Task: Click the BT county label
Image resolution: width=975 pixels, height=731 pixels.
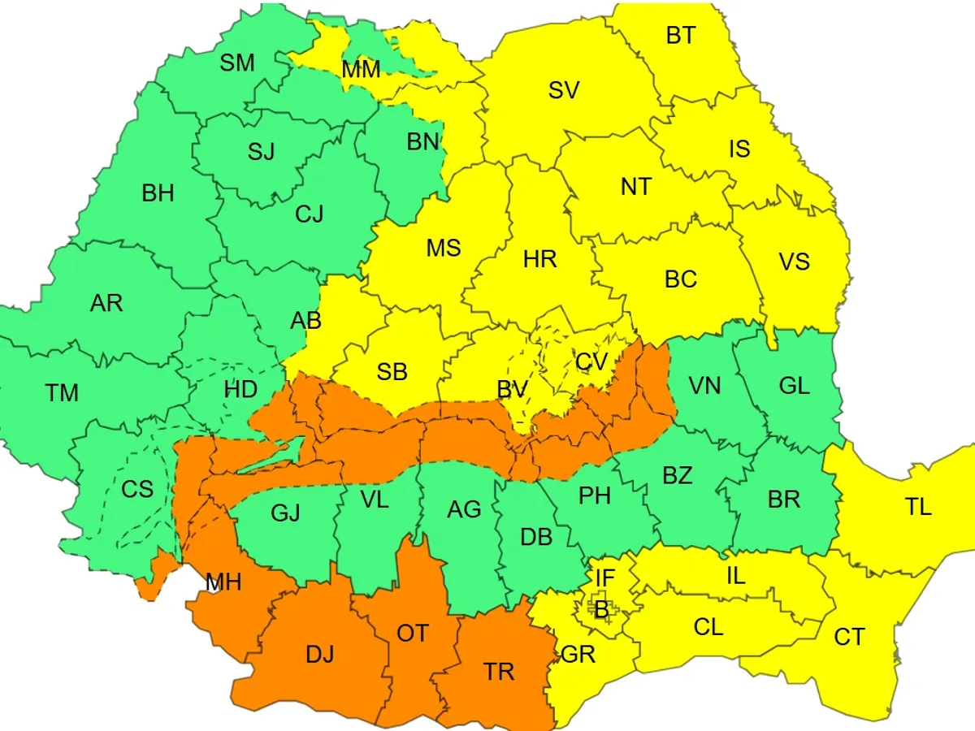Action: pyautogui.click(x=680, y=36)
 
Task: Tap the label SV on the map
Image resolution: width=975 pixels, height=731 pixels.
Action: pyautogui.click(x=564, y=90)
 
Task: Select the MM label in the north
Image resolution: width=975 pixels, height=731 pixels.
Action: pyautogui.click(x=361, y=70)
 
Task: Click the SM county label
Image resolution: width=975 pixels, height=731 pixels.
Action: pyautogui.click(x=237, y=63)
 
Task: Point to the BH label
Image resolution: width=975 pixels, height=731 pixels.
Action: pyautogui.click(x=158, y=193)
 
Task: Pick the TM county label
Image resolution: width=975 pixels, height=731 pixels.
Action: pyautogui.click(x=62, y=394)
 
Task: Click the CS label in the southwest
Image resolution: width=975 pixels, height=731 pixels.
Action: pyautogui.click(x=137, y=490)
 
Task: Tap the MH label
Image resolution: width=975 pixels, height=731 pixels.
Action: pyautogui.click(x=223, y=582)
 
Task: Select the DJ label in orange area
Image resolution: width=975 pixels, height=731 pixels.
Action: pyautogui.click(x=319, y=654)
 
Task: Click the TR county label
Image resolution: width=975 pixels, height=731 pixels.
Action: pyautogui.click(x=499, y=672)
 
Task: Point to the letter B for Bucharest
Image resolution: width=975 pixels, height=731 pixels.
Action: pyautogui.click(x=601, y=610)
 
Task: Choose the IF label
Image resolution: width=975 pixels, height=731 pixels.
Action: pyautogui.click(x=605, y=578)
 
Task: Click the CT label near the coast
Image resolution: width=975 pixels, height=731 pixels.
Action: pyautogui.click(x=849, y=638)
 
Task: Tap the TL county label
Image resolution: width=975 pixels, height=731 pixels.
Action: pyautogui.click(x=918, y=508)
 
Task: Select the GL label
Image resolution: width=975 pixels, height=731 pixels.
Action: pyautogui.click(x=794, y=386)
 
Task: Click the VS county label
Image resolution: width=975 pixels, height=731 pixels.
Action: pyautogui.click(x=794, y=262)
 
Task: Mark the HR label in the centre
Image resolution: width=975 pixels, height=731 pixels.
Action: pyautogui.click(x=540, y=260)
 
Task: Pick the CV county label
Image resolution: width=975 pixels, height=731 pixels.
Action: pyautogui.click(x=591, y=362)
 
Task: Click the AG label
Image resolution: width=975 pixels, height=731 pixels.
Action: pyautogui.click(x=464, y=510)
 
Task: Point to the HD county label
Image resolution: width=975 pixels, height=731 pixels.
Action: pyautogui.click(x=240, y=389)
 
